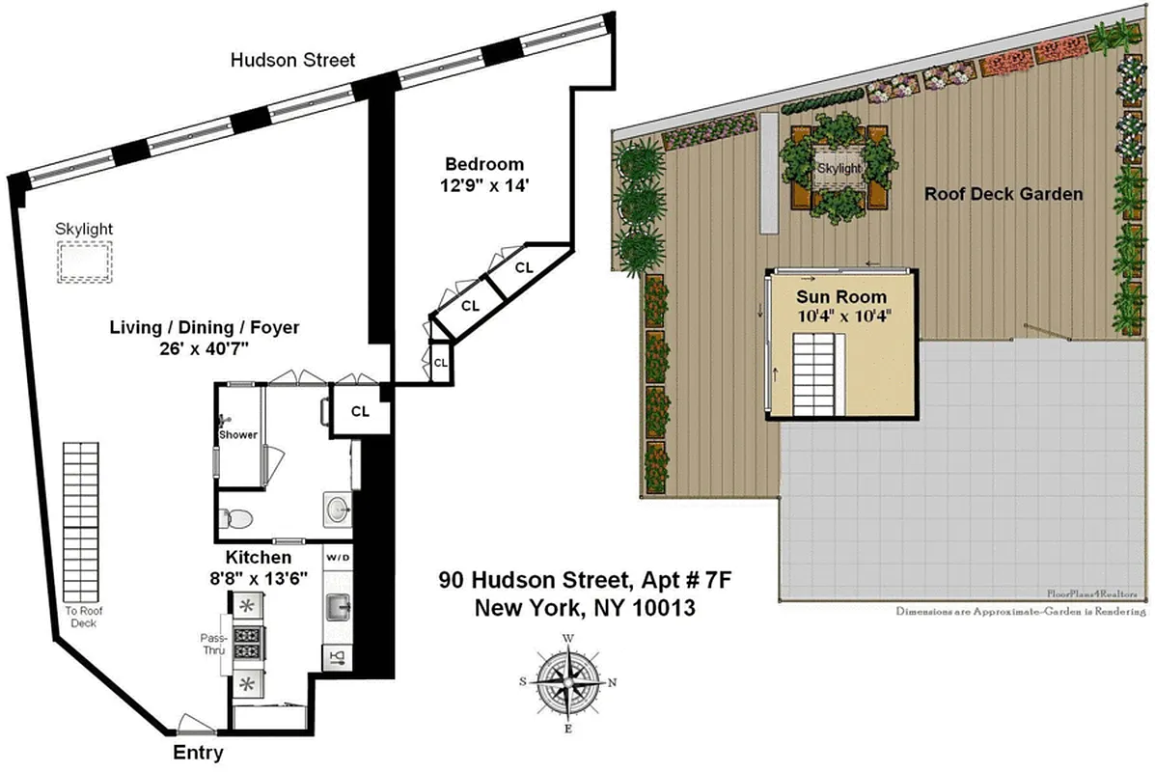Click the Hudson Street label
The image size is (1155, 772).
[x=292, y=60]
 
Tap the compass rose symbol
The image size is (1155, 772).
[x=568, y=680]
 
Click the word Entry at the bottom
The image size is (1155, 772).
[x=198, y=753]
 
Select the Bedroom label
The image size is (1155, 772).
[x=484, y=164]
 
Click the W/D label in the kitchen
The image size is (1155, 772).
[x=338, y=558]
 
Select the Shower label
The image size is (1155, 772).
[x=237, y=434]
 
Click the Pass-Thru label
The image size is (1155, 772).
[x=212, y=645]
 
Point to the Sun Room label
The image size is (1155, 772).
[x=840, y=294]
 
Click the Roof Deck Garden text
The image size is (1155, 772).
[x=1004, y=194]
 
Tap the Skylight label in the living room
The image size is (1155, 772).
[x=84, y=229]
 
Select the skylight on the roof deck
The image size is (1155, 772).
[x=839, y=169]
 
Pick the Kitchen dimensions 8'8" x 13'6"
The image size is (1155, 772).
[x=259, y=579]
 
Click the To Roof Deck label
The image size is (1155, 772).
[x=82, y=617]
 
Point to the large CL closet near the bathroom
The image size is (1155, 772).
[x=360, y=411]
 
